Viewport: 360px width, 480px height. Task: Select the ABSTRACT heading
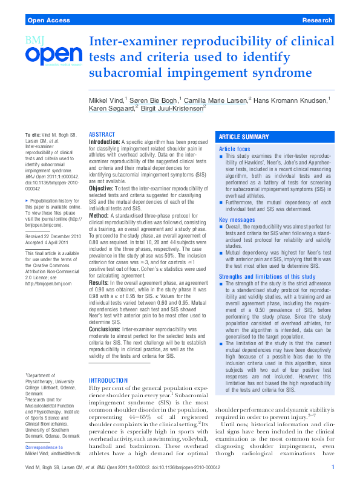102,134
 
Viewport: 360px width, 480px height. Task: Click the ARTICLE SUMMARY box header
244,137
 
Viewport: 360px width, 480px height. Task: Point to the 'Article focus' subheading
234,148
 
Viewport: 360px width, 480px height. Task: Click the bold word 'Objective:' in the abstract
103,189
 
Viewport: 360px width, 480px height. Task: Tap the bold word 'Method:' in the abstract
100,214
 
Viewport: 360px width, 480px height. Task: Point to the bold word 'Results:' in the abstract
101,282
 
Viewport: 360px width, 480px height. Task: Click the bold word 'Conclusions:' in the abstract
105,329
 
